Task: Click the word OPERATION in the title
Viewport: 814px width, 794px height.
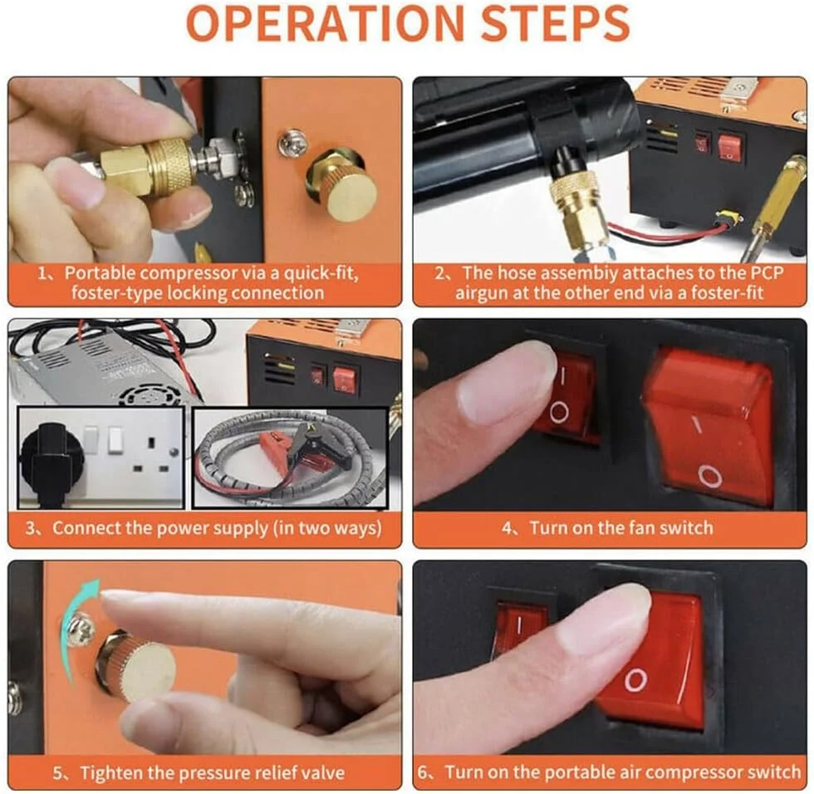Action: [x=324, y=22]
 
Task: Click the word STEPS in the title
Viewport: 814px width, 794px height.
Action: [x=556, y=22]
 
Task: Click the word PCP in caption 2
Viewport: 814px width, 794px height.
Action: [x=766, y=273]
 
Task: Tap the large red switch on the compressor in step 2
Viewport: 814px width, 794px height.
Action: [x=729, y=145]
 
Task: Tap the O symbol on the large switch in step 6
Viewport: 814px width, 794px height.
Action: [x=636, y=680]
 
